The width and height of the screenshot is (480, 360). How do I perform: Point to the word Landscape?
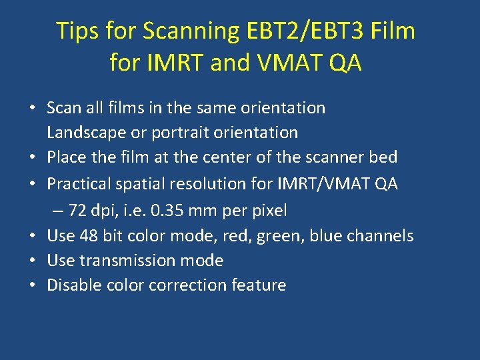(87, 133)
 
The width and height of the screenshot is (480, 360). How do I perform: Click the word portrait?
(180, 133)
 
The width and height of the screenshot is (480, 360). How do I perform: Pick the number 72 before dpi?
(77, 211)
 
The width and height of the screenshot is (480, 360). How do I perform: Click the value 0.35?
(164, 211)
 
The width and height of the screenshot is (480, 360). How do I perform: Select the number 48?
(89, 236)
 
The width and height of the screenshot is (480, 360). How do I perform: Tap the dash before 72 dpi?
(59, 211)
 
